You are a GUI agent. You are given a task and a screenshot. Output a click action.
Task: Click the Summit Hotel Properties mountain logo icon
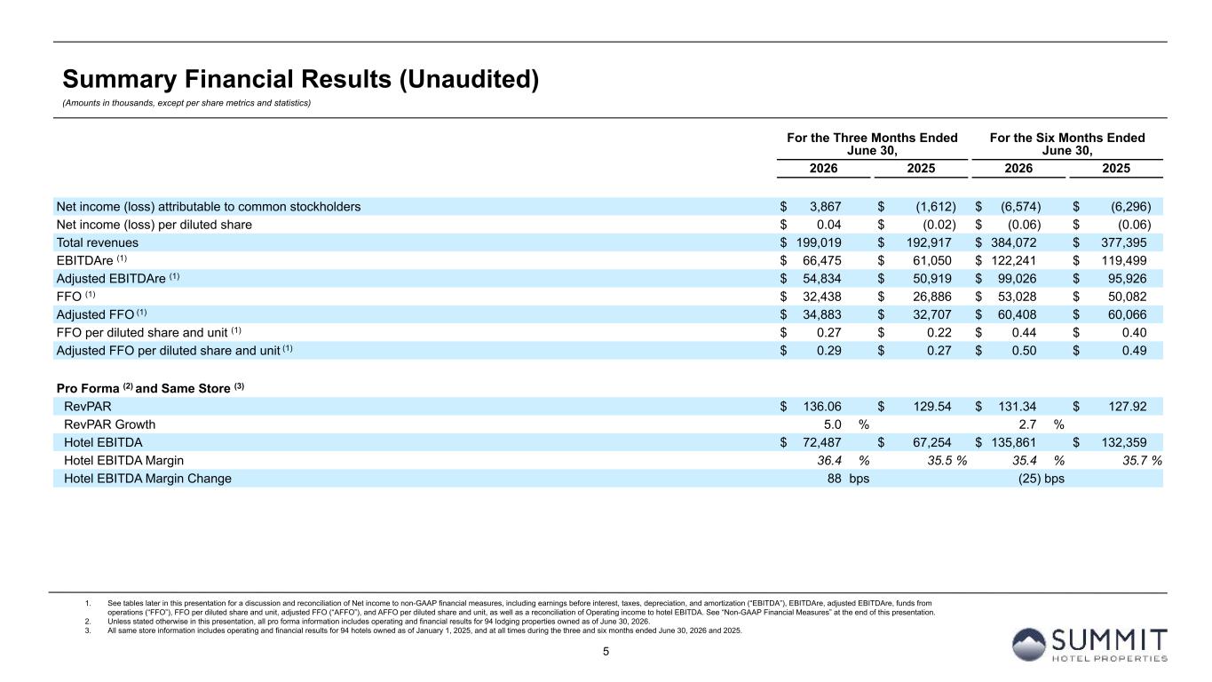(1028, 645)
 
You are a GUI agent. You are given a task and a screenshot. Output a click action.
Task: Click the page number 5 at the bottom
(606, 652)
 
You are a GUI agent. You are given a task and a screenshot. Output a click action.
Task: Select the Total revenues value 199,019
(819, 242)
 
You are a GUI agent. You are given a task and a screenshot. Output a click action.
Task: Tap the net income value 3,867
(825, 207)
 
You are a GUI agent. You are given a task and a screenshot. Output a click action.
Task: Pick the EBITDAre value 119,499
(1124, 260)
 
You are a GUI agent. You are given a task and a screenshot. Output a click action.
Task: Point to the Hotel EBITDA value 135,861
(1013, 442)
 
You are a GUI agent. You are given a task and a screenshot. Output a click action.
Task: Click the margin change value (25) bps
(1041, 479)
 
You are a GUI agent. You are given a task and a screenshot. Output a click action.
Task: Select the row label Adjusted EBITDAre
(111, 279)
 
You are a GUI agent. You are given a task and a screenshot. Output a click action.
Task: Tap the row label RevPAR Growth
(109, 424)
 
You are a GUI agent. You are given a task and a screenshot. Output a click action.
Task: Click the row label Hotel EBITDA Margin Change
(147, 479)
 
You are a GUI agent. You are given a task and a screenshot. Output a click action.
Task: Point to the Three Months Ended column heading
(872, 144)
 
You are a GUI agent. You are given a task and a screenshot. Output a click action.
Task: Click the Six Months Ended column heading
(1067, 144)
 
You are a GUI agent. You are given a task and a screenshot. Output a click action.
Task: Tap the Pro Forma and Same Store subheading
(150, 388)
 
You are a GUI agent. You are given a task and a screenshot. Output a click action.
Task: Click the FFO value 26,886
(931, 297)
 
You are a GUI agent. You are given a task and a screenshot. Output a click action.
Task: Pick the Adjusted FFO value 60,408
(1018, 314)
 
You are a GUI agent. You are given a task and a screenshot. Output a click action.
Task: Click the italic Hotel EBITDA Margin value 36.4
(829, 461)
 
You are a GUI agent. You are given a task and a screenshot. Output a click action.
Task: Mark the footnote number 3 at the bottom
(87, 630)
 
